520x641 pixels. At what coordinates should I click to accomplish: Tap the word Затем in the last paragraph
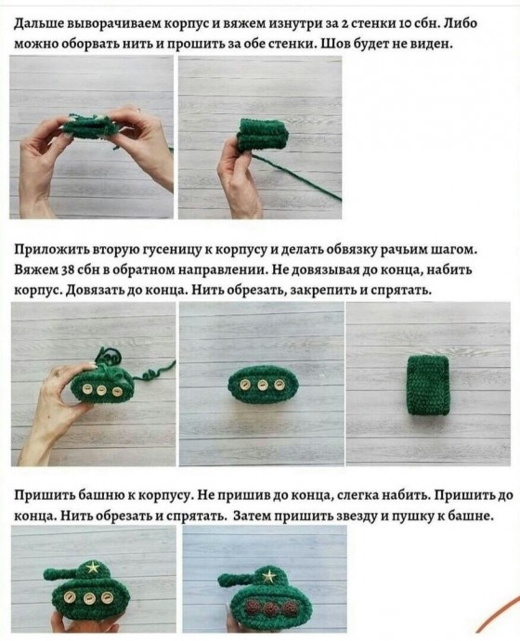tap(252, 517)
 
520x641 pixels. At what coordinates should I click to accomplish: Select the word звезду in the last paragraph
tap(357, 517)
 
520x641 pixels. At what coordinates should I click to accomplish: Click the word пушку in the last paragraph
tap(411, 517)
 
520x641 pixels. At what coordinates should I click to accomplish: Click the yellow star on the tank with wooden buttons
tap(93, 568)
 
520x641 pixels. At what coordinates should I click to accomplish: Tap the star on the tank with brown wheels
tap(268, 576)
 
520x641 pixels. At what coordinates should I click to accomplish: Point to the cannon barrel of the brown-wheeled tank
tap(236, 579)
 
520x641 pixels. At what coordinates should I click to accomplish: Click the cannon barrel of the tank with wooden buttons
tap(60, 572)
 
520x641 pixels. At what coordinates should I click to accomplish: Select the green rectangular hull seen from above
tap(429, 386)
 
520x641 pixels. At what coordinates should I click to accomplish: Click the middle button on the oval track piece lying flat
tap(262, 386)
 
